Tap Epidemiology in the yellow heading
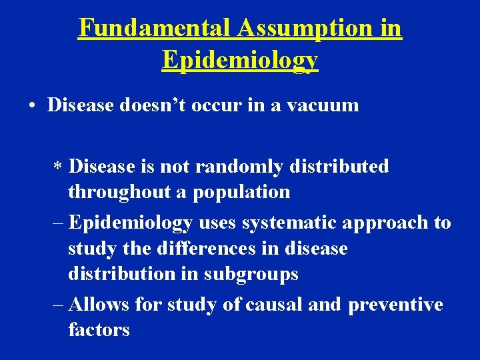tap(240, 60)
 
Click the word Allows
tap(98, 305)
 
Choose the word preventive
tap(395, 305)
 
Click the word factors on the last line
tap(99, 329)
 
